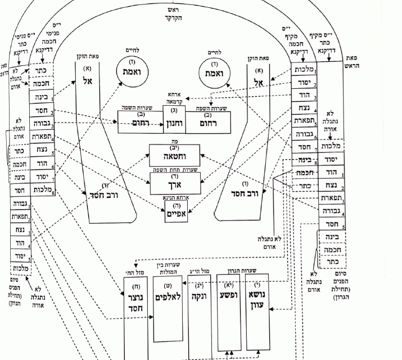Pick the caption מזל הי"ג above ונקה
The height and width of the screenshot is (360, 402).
coord(200,271)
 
